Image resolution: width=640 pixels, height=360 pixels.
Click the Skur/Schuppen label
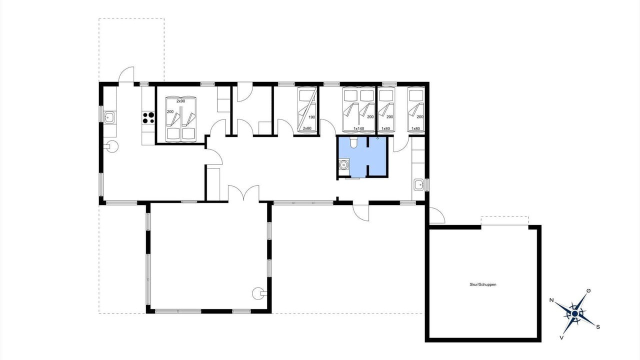click(483, 284)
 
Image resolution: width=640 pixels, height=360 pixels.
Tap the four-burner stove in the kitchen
click(148, 117)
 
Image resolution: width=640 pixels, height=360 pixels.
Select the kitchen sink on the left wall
click(109, 117)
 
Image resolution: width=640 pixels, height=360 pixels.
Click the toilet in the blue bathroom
click(353, 142)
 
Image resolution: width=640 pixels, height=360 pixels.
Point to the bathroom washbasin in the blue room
click(343, 164)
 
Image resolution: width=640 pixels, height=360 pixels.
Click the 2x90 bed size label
click(180, 101)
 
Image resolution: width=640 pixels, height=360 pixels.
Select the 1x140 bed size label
click(359, 128)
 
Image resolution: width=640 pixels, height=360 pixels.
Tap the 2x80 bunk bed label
click(307, 128)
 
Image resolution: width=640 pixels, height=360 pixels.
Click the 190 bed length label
click(311, 117)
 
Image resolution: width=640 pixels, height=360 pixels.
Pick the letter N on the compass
click(551, 300)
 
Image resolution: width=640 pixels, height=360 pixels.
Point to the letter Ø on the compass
click(588, 291)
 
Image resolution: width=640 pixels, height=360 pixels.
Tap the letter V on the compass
click(561, 337)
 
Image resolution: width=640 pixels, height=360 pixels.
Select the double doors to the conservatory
click(243, 193)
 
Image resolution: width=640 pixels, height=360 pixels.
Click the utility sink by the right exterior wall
click(418, 185)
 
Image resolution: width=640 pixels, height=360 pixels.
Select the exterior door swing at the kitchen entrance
click(126, 74)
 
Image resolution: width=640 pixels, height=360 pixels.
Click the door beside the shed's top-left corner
click(437, 215)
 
